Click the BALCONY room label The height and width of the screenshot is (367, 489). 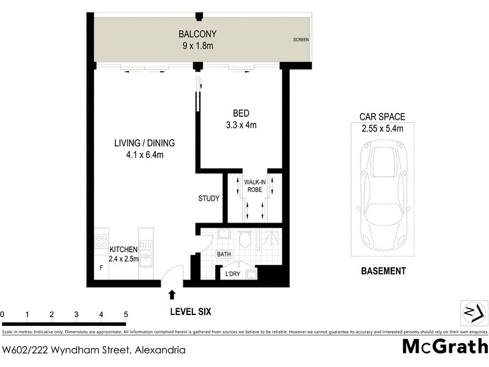pyautogui.click(x=197, y=34)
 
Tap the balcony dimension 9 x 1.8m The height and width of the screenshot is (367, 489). pyautogui.click(x=197, y=45)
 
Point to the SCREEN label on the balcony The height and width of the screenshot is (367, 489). pyautogui.click(x=301, y=40)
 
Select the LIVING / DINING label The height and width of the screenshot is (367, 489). pyautogui.click(x=144, y=143)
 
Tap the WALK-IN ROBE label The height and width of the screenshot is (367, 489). pyautogui.click(x=254, y=186)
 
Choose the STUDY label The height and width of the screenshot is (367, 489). pyautogui.click(x=208, y=199)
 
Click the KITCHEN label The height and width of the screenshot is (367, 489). pyautogui.click(x=123, y=250)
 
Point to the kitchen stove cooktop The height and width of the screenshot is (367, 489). pyautogui.click(x=101, y=240)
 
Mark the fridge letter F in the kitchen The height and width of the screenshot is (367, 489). pyautogui.click(x=101, y=267)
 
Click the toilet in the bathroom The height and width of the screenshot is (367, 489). pyautogui.click(x=245, y=239)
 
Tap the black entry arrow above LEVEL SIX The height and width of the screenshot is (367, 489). pyautogui.click(x=172, y=295)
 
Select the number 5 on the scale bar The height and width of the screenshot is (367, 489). pyautogui.click(x=126, y=315)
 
